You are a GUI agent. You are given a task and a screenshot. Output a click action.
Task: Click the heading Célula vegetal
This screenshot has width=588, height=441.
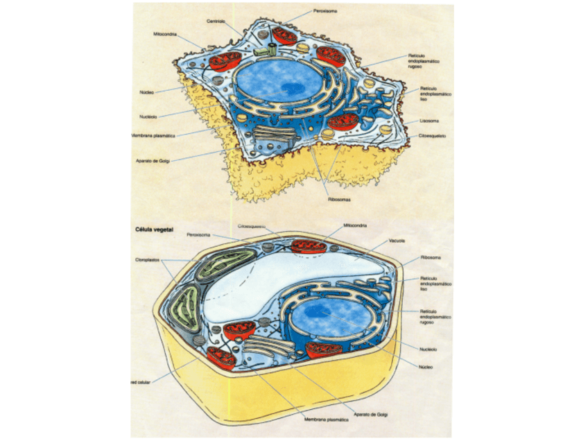[153, 228]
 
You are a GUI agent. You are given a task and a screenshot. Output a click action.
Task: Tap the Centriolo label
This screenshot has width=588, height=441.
[216, 21]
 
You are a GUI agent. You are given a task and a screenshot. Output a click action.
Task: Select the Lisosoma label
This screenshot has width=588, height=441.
[428, 121]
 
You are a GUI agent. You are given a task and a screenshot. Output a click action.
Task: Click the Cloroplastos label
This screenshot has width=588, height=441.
[148, 260]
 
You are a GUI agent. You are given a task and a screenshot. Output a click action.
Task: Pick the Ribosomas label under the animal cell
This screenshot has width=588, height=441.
[339, 200]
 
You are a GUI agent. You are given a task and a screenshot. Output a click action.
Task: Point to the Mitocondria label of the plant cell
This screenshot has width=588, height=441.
[355, 225]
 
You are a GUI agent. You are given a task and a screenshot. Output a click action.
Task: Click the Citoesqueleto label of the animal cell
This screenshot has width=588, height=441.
[432, 136]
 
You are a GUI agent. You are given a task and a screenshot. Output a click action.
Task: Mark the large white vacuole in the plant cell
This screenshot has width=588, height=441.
[291, 277]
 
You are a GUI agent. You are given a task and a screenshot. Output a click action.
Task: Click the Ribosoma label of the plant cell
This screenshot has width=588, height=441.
[431, 257]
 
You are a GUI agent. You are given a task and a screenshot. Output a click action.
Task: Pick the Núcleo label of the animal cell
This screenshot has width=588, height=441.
[146, 91]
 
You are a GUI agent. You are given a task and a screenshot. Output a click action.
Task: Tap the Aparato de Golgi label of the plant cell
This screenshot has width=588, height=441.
[370, 414]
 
